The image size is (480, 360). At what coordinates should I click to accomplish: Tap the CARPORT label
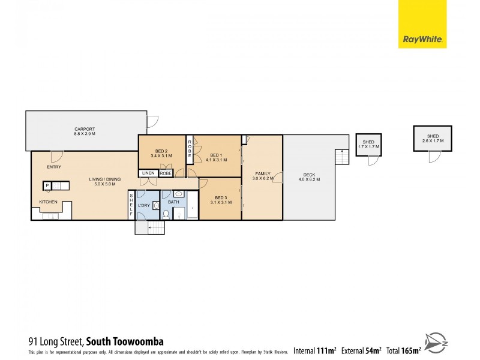[85, 129]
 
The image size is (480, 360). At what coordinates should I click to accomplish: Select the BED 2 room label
[161, 151]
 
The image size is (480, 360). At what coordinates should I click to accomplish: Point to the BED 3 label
[221, 198]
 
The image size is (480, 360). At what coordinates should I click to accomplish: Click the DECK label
[309, 176]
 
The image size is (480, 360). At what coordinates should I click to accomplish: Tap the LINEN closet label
[148, 173]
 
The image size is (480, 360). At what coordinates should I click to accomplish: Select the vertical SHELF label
[132, 205]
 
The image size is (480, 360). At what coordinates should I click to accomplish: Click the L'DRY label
[143, 206]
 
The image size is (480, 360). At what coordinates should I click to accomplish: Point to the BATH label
[173, 202]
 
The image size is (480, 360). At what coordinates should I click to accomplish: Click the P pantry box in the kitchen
[46, 185]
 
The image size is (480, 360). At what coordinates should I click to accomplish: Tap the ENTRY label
[53, 167]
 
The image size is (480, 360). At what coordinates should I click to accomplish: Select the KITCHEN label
[48, 202]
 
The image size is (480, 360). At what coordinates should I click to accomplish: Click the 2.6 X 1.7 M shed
[432, 139]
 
